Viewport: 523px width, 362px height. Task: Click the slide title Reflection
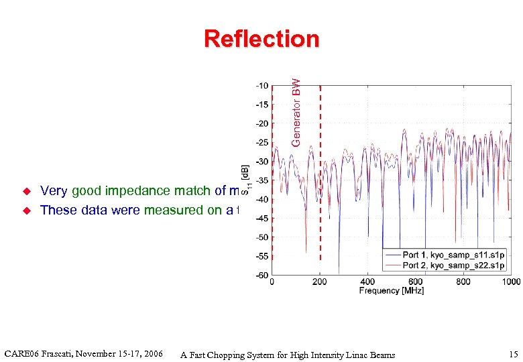pyautogui.click(x=261, y=39)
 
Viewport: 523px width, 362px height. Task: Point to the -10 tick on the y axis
pyautogui.click(x=261, y=86)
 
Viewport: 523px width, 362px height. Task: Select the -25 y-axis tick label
pyautogui.click(x=261, y=143)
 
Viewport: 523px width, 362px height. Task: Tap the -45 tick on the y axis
pyautogui.click(x=261, y=218)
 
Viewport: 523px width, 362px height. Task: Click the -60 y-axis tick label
pyautogui.click(x=261, y=275)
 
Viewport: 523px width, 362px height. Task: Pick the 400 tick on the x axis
pyautogui.click(x=367, y=282)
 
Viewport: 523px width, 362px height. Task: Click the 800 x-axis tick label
pyautogui.click(x=463, y=282)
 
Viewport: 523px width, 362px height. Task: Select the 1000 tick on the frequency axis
pyautogui.click(x=510, y=282)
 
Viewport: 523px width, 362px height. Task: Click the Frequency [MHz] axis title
pyautogui.click(x=391, y=290)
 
